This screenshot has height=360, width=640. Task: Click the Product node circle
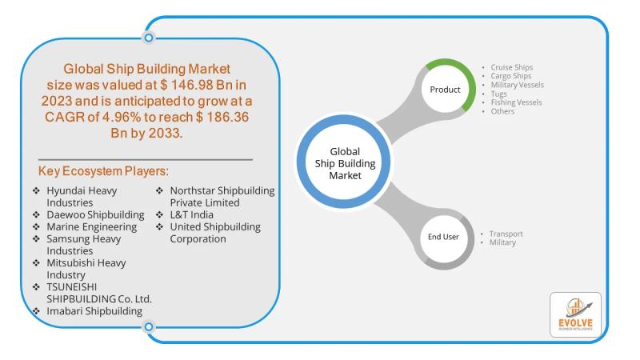coord(445,89)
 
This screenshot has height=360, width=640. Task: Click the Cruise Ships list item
coord(511,67)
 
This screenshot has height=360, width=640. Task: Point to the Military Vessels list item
coord(517,85)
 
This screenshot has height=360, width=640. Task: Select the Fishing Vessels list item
coord(516,102)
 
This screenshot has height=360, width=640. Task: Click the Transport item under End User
coord(506,234)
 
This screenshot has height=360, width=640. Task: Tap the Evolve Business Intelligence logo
coord(575,314)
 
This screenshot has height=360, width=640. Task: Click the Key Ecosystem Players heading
coord(103,171)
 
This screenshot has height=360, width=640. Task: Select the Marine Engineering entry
coord(91,226)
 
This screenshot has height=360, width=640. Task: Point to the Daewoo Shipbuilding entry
coord(95,214)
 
